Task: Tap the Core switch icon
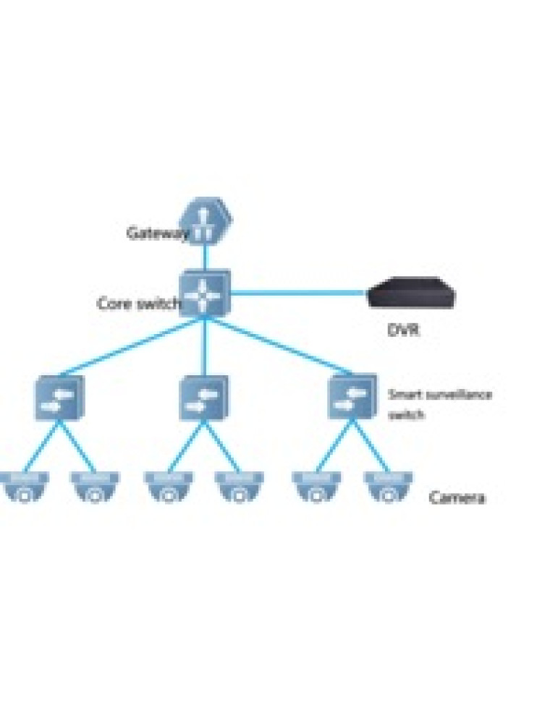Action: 206,293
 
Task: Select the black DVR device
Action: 412,293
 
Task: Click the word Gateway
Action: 156,233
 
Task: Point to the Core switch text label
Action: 137,304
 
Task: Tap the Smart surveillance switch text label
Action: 439,404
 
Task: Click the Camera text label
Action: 457,497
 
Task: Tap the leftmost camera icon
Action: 24,487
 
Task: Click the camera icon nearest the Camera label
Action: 388,487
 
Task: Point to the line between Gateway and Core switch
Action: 206,254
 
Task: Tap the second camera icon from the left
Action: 94,487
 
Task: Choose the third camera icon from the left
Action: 168,487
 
